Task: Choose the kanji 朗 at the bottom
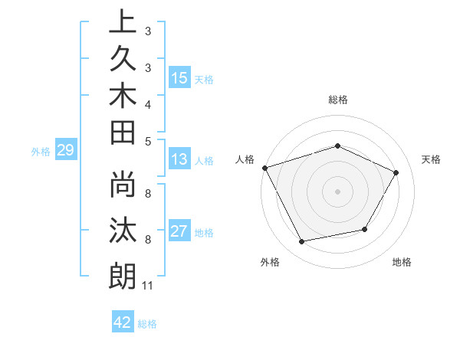pos(122,275)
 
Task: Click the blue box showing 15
pos(179,78)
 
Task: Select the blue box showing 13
pos(179,159)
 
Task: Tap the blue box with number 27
pos(179,231)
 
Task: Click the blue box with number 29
pos(66,150)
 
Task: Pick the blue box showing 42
pos(123,322)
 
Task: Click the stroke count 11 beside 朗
pos(147,286)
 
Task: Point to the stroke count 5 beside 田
pos(147,140)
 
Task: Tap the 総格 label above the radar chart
pos(337,100)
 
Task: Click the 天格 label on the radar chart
pos(431,159)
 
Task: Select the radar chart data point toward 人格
pos(265,167)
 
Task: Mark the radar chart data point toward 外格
pos(302,242)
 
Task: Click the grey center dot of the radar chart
pos(337,191)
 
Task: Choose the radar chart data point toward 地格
pos(365,229)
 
